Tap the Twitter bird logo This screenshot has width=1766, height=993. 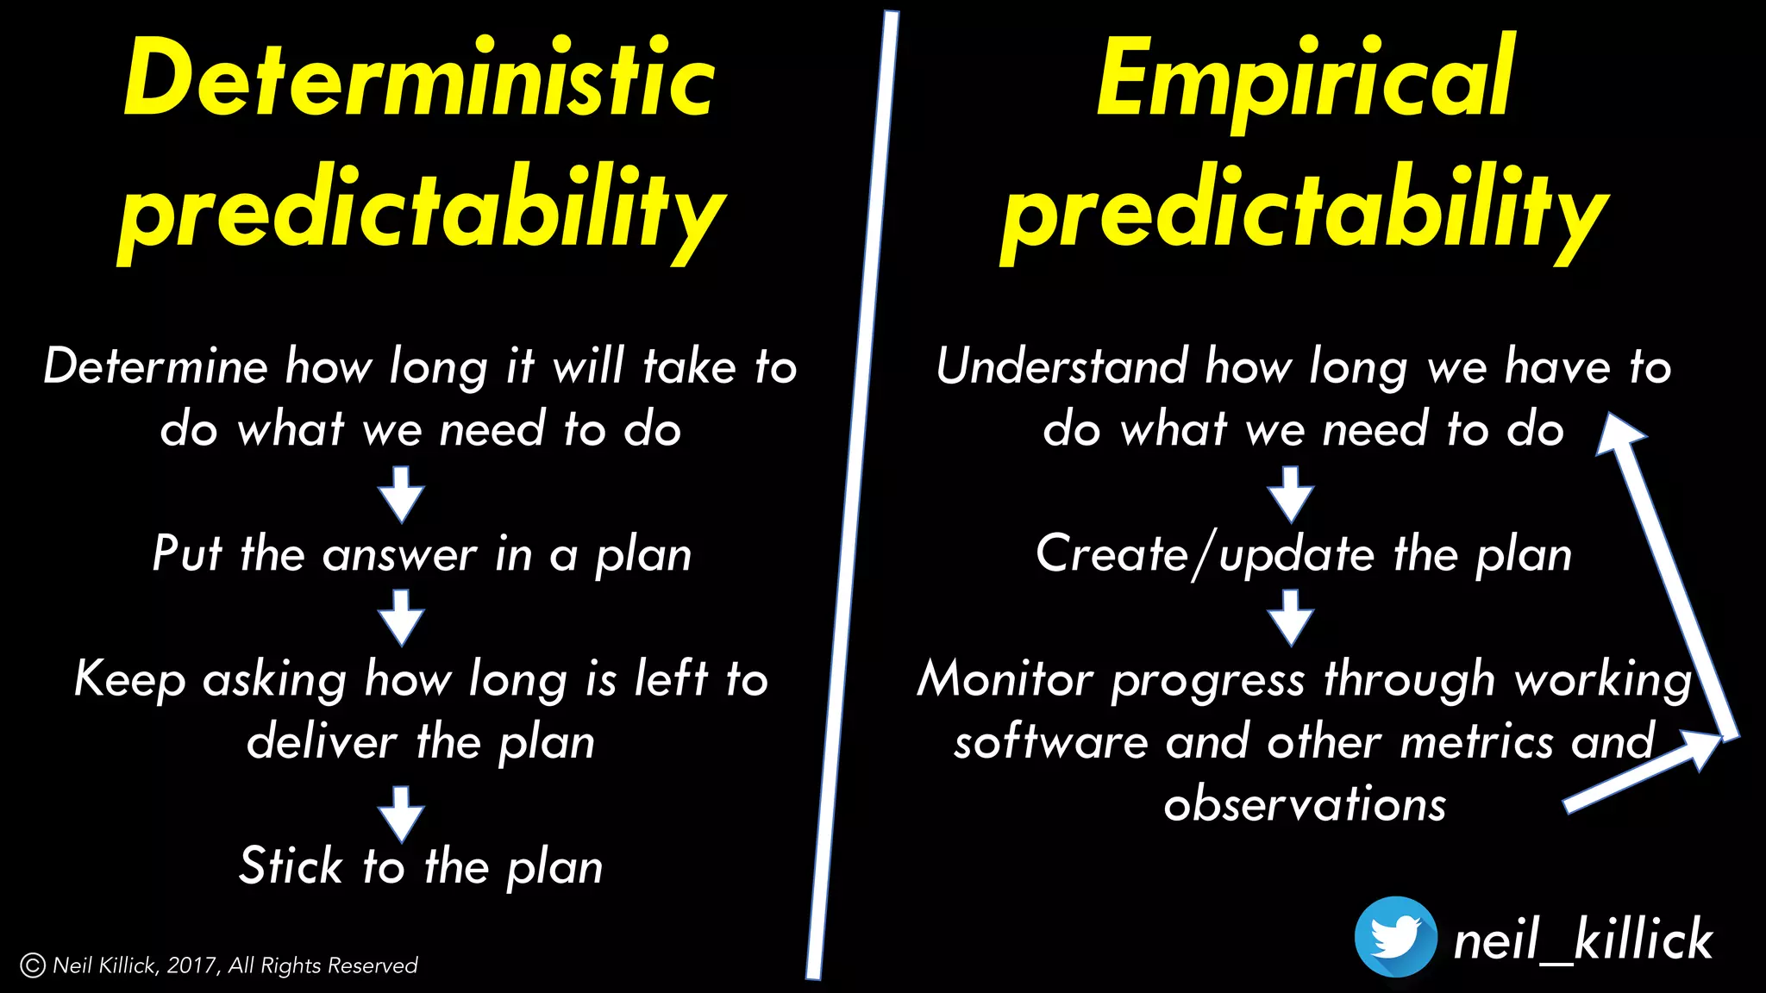1395,937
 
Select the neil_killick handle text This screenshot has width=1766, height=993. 1582,940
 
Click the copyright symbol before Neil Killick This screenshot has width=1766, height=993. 32,965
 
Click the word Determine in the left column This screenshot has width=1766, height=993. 156,367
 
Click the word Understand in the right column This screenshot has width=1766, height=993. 1061,367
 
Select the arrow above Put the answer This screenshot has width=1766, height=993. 401,494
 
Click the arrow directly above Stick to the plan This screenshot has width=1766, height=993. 401,813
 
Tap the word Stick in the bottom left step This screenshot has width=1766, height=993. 291,866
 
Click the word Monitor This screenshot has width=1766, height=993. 1005,679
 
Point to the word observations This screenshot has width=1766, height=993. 1305,805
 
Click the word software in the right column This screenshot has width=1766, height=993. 1050,742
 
